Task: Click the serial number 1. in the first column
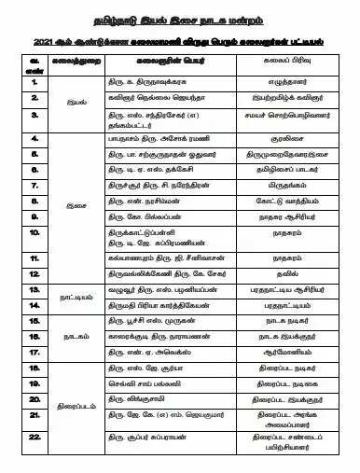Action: (35, 82)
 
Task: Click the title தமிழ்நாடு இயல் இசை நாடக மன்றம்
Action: (180, 17)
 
